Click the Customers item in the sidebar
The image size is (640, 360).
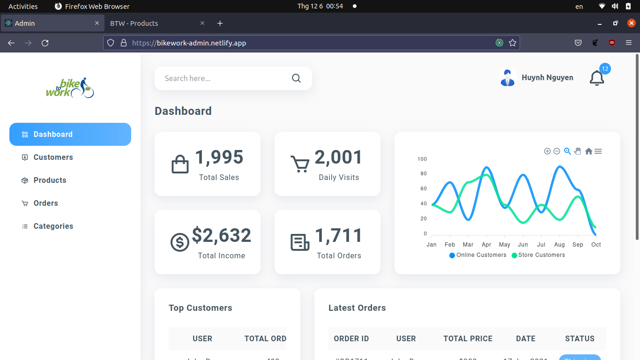pyautogui.click(x=53, y=157)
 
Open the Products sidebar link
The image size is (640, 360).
pyautogui.click(x=50, y=180)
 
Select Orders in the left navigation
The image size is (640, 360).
pyautogui.click(x=45, y=203)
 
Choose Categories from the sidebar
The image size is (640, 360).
pyautogui.click(x=53, y=226)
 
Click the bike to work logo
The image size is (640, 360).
pyautogui.click(x=70, y=88)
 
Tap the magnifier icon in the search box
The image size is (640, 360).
pyautogui.click(x=296, y=78)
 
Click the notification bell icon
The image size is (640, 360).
pyautogui.click(x=596, y=78)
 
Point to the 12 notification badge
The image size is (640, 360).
pyautogui.click(x=605, y=69)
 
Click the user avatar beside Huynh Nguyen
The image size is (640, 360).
pyautogui.click(x=507, y=78)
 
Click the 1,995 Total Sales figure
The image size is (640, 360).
pyautogui.click(x=219, y=157)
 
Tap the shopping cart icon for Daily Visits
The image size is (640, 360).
pyautogui.click(x=300, y=164)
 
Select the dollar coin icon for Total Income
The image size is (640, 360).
pyautogui.click(x=179, y=242)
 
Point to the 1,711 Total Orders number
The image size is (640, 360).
pyautogui.click(x=339, y=236)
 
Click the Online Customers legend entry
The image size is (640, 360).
pyautogui.click(x=478, y=255)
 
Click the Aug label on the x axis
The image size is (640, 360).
pyautogui.click(x=559, y=245)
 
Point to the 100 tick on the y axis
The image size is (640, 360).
pyautogui.click(x=422, y=159)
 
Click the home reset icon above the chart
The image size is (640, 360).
pyautogui.click(x=588, y=151)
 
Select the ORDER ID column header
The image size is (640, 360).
pyautogui.click(x=351, y=338)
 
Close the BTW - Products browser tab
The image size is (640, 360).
pyautogui.click(x=202, y=23)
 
